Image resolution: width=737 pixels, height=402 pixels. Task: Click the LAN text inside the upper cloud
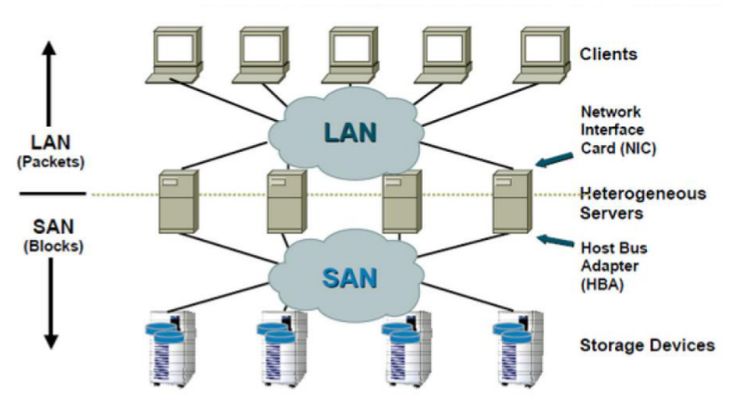350,132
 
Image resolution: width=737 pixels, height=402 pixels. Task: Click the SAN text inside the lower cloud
349,277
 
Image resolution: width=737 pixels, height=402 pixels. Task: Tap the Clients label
608,54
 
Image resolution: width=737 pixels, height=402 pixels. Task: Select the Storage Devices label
647,345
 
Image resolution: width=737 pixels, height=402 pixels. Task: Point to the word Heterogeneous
643,194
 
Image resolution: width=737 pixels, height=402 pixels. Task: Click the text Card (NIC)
618,148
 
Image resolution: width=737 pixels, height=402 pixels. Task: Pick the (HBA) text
602,285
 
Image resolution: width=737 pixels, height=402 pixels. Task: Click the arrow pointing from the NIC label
554,160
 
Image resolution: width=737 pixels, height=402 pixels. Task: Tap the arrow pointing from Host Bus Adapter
555,240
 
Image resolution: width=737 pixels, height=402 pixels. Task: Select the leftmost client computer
174,55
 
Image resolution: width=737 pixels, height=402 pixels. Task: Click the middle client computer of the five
350,55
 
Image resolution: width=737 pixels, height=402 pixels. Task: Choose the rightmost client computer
542,55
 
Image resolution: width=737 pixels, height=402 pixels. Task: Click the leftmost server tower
178,202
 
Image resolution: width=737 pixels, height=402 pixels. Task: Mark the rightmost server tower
512,202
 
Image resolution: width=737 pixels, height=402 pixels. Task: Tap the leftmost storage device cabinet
171,348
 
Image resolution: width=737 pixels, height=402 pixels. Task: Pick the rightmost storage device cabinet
518,348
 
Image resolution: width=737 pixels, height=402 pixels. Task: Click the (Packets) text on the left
51,162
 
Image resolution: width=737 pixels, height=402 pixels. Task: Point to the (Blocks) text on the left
54,247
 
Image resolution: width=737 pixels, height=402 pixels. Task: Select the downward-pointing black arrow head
51,342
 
